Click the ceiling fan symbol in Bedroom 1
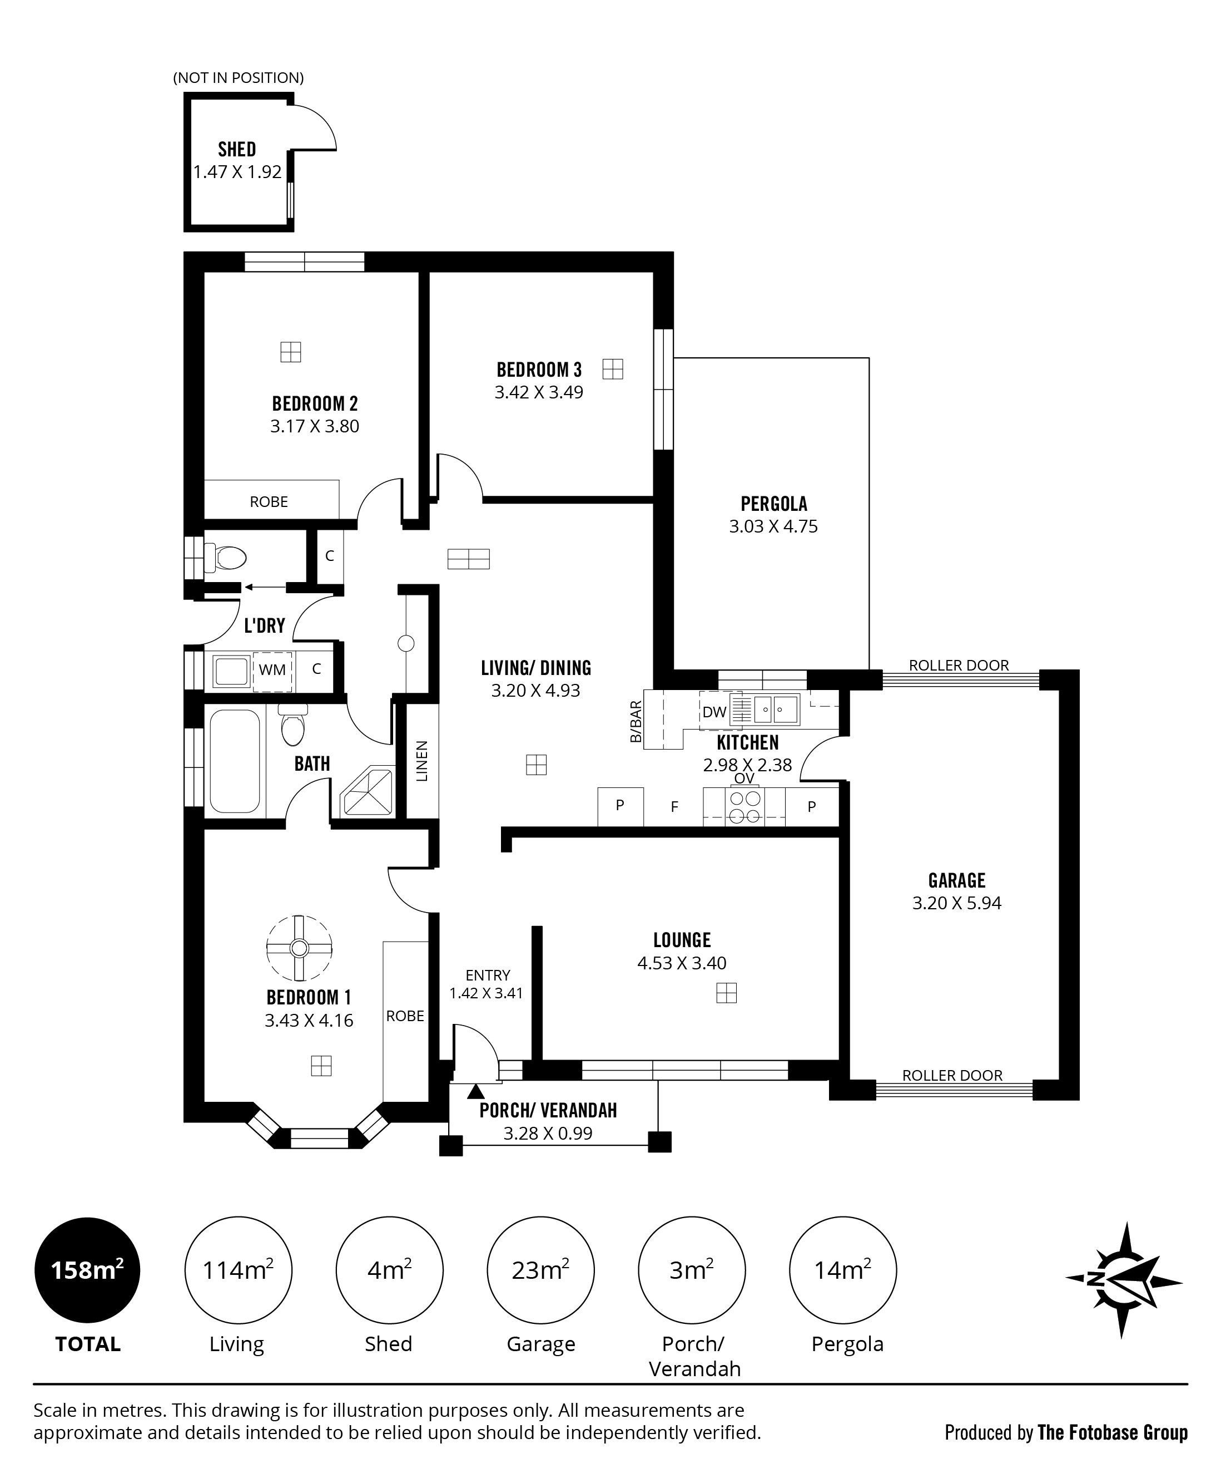[x=299, y=948]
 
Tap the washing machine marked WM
[x=272, y=671]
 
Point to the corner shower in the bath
[x=366, y=792]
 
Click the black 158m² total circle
[x=87, y=1270]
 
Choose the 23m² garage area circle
[x=540, y=1270]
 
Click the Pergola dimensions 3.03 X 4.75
[x=773, y=526]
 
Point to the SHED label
[x=237, y=149]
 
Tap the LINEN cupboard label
[x=421, y=761]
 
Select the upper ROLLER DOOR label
[x=959, y=665]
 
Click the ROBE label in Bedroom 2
[x=269, y=502]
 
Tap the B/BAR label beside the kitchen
[x=636, y=721]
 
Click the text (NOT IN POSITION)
[x=239, y=77]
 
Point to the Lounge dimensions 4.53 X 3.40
[x=682, y=963]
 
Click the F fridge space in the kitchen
[x=674, y=806]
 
